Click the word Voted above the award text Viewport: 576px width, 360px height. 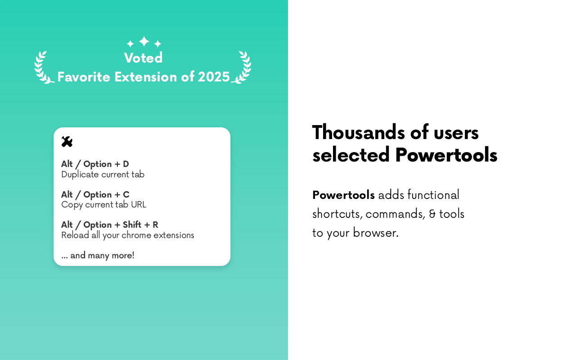click(143, 58)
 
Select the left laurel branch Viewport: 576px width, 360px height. click(43, 67)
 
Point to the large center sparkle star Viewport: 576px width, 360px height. click(144, 41)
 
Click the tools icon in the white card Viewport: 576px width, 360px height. click(67, 142)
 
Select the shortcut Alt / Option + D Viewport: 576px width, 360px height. click(95, 164)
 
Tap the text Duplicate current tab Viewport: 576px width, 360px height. click(103, 175)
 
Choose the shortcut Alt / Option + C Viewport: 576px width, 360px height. click(95, 194)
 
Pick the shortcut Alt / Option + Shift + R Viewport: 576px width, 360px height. click(109, 225)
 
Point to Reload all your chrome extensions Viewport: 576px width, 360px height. click(127, 235)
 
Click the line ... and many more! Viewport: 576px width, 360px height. click(98, 255)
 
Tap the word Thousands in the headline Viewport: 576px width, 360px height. click(359, 132)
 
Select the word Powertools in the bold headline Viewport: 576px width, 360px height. click(446, 155)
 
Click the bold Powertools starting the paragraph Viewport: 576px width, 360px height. click(343, 195)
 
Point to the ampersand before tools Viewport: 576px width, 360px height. click(432, 214)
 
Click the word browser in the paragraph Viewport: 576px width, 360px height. click(375, 233)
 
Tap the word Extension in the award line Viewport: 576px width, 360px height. click(145, 77)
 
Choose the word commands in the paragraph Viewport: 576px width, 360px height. click(395, 214)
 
